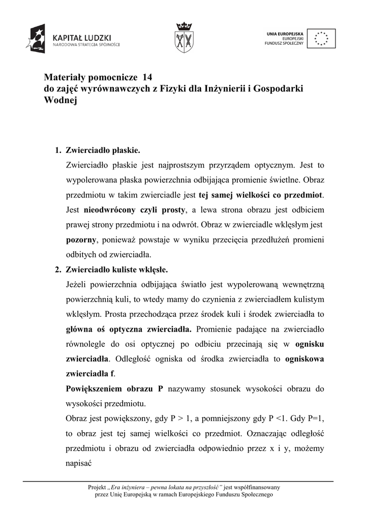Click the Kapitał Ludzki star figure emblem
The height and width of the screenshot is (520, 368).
[38, 39]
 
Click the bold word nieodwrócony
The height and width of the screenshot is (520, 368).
[100, 210]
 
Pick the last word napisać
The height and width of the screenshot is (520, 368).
[79, 463]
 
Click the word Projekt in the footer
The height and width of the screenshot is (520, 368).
[98, 487]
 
